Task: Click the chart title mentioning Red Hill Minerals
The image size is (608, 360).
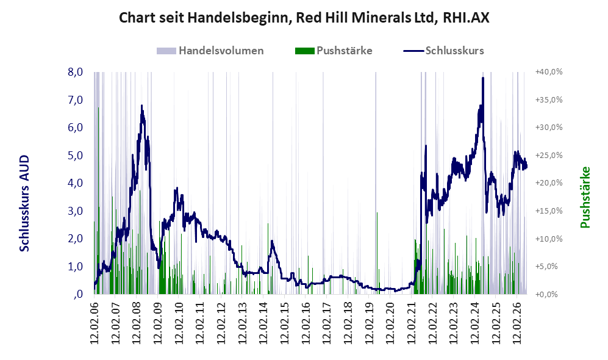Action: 304,18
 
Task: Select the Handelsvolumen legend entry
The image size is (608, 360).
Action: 210,51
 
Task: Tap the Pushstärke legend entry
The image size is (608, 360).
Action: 334,51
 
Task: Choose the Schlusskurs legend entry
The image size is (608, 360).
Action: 443,51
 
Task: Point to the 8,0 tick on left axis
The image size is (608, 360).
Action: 75,72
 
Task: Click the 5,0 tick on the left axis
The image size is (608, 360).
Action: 75,155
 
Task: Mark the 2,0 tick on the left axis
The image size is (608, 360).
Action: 75,239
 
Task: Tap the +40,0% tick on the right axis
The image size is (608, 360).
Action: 549,72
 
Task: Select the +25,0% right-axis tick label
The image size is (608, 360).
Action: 549,155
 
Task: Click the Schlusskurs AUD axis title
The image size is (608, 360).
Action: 24,203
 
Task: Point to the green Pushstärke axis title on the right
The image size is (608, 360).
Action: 585,198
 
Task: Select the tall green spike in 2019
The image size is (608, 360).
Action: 377,253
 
